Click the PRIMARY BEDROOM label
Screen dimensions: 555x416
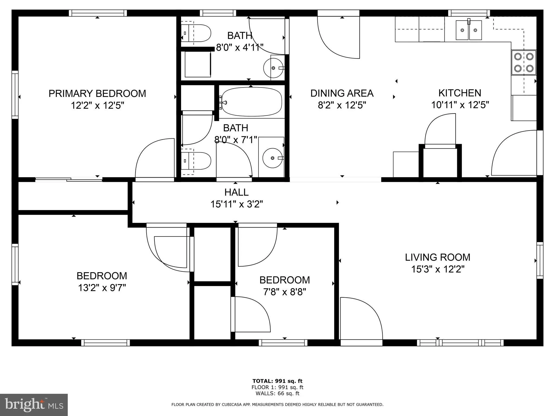point(97,93)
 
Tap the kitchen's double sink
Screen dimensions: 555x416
point(469,30)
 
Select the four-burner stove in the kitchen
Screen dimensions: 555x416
point(524,62)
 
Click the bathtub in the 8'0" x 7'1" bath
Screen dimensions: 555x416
point(251,102)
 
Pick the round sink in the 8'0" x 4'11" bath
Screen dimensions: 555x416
point(274,68)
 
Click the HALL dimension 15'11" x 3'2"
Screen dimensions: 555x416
point(237,204)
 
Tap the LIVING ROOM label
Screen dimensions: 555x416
point(437,257)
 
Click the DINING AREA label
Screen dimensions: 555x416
point(342,93)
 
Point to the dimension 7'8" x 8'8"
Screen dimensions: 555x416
point(285,292)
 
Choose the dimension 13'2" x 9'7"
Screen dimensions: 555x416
point(102,288)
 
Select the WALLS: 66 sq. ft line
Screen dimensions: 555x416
point(277,394)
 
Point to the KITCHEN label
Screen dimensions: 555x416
point(460,93)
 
